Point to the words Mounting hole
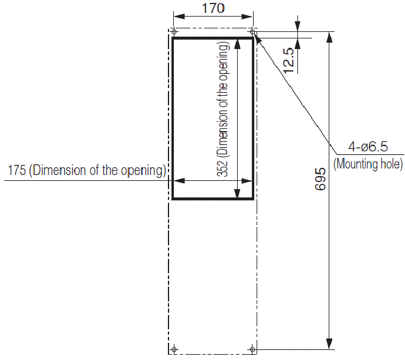point(368,164)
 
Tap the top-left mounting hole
point(174,31)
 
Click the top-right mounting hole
point(252,31)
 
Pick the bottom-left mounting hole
point(174,349)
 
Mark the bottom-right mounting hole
point(252,349)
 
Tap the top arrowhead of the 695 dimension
point(329,37)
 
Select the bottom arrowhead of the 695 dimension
point(329,344)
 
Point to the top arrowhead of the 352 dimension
point(238,44)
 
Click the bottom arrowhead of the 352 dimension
point(238,193)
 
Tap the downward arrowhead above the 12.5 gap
point(297,27)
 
